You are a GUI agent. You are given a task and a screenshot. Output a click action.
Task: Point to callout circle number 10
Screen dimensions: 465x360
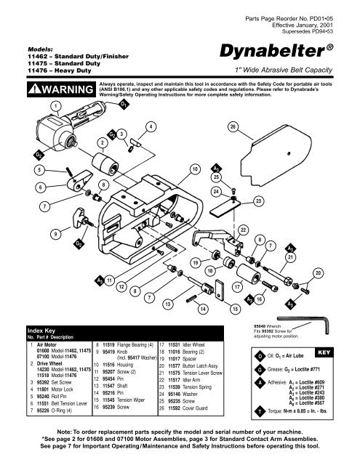pyautogui.click(x=194, y=169)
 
